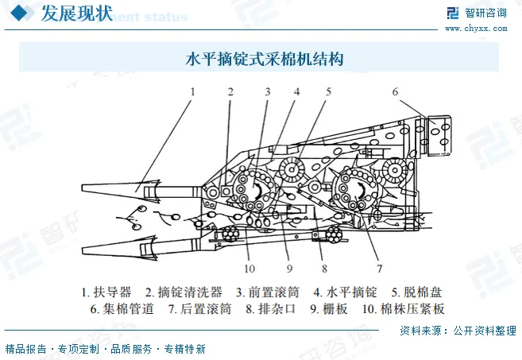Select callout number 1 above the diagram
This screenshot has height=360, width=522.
191,91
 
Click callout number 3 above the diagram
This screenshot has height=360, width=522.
268,91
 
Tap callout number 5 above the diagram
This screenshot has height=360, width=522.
328,91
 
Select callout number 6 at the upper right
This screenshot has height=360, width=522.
394,91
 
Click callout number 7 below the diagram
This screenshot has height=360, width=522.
379,267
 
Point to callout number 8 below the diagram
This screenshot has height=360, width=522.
324,267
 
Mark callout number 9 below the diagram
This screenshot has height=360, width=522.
289,267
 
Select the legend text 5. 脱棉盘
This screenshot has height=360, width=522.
414,292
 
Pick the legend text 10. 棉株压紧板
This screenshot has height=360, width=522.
403,309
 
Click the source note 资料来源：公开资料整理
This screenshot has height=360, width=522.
458,331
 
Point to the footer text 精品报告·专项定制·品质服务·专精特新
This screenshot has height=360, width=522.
105,349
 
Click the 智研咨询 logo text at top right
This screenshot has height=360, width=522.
486,12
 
